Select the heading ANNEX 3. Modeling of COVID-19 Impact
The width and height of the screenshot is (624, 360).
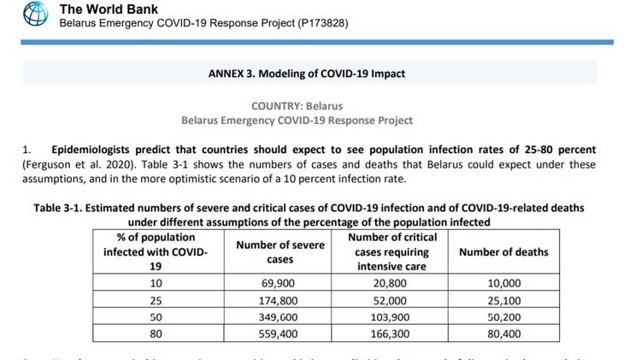pyautogui.click(x=307, y=74)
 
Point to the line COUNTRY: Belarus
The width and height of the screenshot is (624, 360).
pyautogui.click(x=297, y=106)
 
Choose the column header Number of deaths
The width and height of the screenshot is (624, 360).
pyautogui.click(x=503, y=251)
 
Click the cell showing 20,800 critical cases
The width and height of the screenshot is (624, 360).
pyautogui.click(x=391, y=282)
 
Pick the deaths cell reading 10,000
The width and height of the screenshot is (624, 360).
pyautogui.click(x=504, y=282)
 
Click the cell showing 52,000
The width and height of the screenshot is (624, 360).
pyautogui.click(x=391, y=300)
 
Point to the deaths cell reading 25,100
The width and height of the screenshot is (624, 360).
pyautogui.click(x=504, y=300)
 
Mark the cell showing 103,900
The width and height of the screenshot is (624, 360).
pyautogui.click(x=391, y=317)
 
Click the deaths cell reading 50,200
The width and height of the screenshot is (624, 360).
pyautogui.click(x=504, y=317)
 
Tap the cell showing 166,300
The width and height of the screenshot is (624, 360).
pyautogui.click(x=391, y=334)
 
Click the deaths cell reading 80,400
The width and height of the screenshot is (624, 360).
pyautogui.click(x=504, y=334)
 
